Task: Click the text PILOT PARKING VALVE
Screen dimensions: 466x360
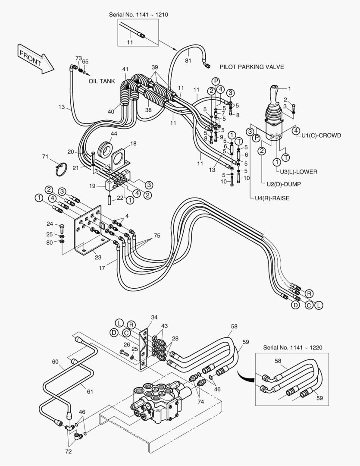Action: pyautogui.click(x=251, y=67)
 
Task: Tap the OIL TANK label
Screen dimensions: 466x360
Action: pyautogui.click(x=102, y=81)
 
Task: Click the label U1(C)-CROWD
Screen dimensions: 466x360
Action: pyautogui.click(x=321, y=135)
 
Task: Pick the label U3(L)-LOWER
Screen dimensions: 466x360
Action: pyautogui.click(x=298, y=171)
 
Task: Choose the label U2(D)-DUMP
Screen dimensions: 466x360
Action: pyautogui.click(x=283, y=184)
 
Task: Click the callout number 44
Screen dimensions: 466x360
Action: pyautogui.click(x=114, y=134)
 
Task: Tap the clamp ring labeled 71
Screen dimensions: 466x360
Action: pyautogui.click(x=60, y=168)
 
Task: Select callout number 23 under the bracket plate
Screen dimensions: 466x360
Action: pyautogui.click(x=98, y=258)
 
